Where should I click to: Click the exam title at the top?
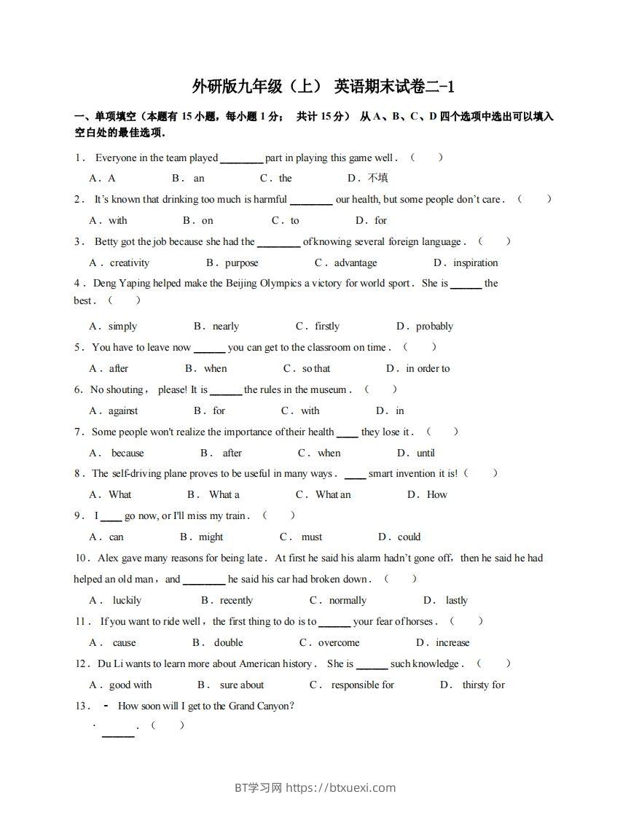point(323,87)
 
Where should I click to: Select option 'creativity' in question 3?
point(129,262)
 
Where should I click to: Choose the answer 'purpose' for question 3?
point(241,262)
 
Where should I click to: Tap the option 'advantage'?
point(356,262)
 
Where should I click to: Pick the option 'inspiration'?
point(475,262)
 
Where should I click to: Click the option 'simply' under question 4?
point(122,326)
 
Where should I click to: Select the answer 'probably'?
point(434,326)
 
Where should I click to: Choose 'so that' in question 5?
point(316,368)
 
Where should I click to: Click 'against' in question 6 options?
point(123,410)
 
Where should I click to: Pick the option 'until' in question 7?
point(426,453)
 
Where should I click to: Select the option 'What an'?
point(333,494)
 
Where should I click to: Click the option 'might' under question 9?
point(211,537)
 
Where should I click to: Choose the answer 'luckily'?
point(127,600)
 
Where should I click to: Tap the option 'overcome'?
point(339,642)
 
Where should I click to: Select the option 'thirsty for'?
point(483,685)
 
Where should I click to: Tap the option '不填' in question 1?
point(377,178)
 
